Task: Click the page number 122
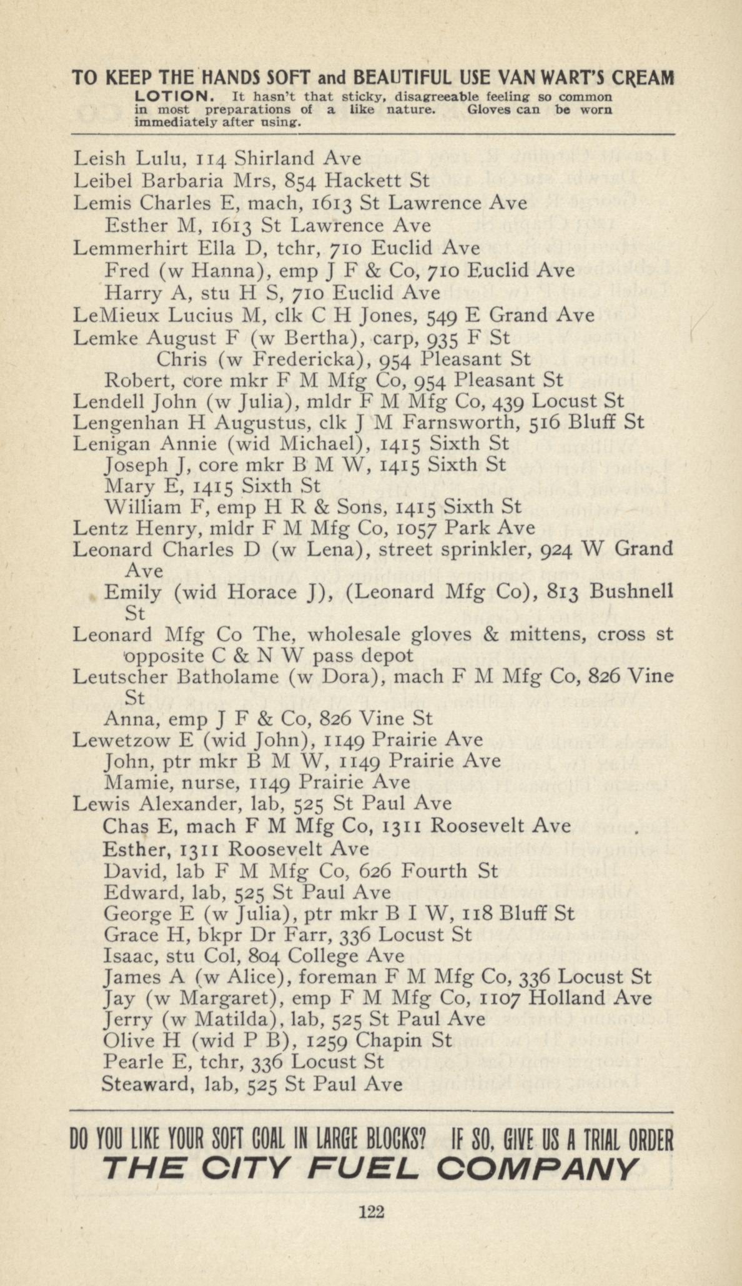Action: [371, 1212]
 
